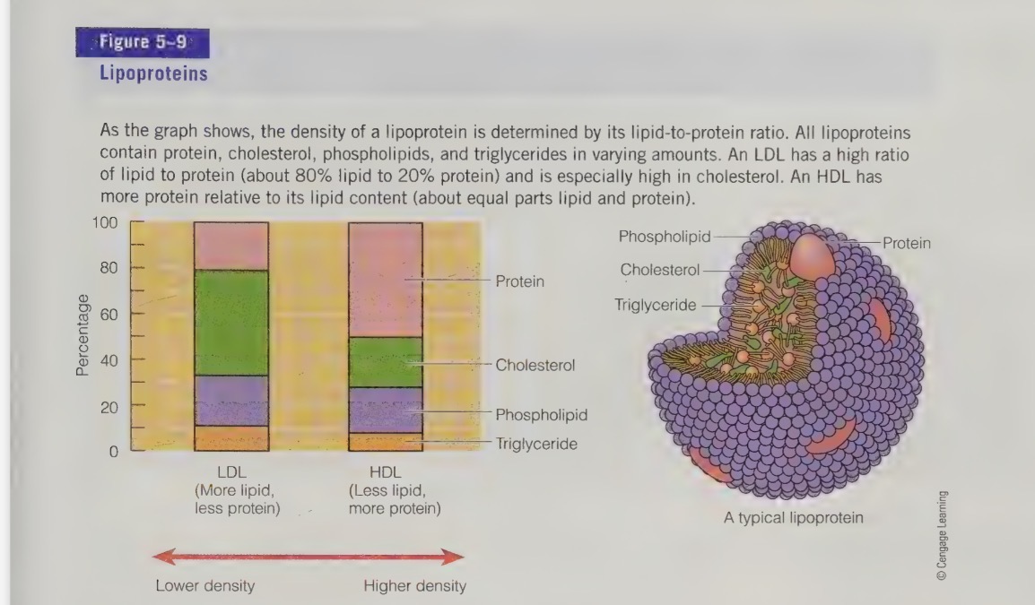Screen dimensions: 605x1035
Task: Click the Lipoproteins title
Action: coord(153,73)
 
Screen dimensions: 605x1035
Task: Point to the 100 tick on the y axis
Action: coord(106,222)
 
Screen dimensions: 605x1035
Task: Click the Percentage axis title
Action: coord(83,333)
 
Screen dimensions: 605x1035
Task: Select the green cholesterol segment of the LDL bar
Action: coord(231,323)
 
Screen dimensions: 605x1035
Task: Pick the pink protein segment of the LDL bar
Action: coord(231,246)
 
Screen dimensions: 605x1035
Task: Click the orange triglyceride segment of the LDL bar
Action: coord(231,438)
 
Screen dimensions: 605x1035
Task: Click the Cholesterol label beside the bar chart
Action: coord(535,365)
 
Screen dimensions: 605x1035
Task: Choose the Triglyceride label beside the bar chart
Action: coord(536,444)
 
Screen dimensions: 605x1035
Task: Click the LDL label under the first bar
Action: coord(231,471)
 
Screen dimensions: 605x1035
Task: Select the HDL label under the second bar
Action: coord(386,471)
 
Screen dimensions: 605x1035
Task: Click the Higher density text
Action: coord(414,586)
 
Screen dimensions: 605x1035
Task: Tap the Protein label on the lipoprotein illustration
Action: coord(906,243)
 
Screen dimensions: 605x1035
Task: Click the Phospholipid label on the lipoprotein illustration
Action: coord(664,237)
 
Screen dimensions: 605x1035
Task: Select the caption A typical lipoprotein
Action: coord(794,518)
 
